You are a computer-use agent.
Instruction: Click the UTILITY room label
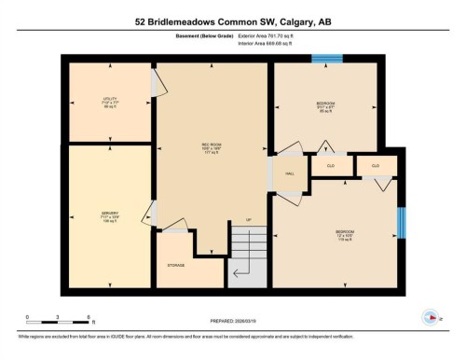[x=109, y=99]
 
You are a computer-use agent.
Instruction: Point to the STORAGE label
[x=176, y=265]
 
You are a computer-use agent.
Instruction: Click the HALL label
[x=290, y=174]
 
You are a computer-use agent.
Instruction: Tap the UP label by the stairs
[x=248, y=221]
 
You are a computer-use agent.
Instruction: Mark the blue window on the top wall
[x=326, y=60]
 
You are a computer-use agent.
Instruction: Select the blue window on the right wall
[x=402, y=223]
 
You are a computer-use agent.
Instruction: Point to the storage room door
[x=173, y=226]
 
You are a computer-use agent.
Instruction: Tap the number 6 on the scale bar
[x=88, y=318]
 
